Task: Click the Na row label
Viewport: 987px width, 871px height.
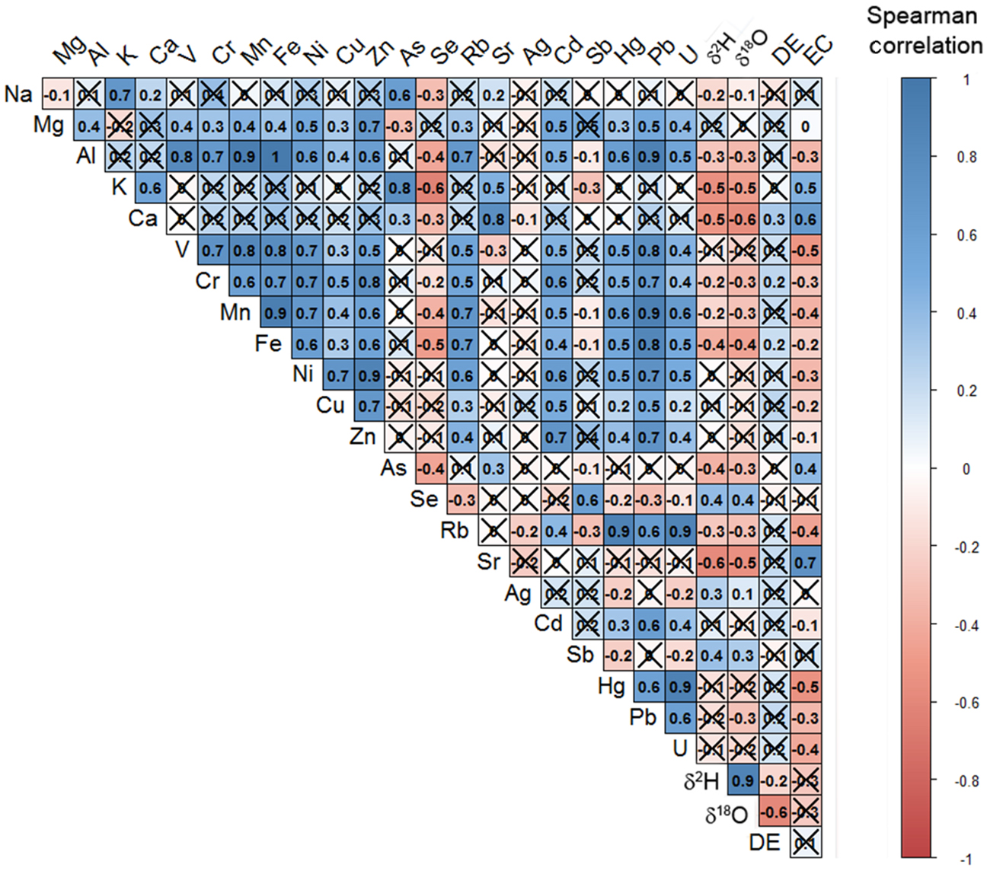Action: (x=18, y=94)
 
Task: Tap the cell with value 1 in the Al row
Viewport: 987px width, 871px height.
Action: (x=276, y=158)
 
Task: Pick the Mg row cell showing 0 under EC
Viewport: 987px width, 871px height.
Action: (x=805, y=126)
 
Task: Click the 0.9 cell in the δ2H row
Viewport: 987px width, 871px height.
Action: (x=743, y=780)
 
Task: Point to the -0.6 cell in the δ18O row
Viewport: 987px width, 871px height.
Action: (x=774, y=812)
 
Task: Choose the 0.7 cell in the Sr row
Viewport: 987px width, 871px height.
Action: (x=805, y=563)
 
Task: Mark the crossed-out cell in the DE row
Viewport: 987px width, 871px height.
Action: (x=805, y=843)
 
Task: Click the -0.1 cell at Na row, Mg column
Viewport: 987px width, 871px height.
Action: (x=57, y=95)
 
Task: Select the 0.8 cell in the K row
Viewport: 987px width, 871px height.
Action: (x=401, y=189)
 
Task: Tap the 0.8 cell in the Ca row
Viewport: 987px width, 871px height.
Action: (x=493, y=220)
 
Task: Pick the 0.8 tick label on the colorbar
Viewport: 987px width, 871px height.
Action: (x=966, y=158)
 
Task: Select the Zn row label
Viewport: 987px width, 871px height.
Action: (x=363, y=437)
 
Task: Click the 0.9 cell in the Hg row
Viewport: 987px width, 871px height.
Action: (x=680, y=687)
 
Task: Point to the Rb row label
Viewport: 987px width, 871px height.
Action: (x=454, y=530)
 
